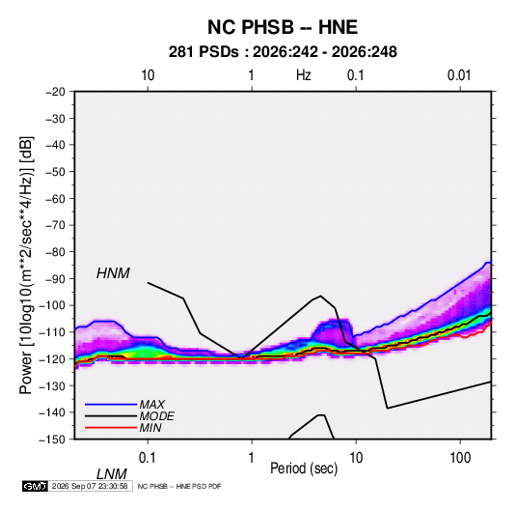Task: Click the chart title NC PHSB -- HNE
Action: [x=283, y=27]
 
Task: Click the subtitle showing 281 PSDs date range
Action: [x=283, y=52]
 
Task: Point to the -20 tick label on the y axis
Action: [x=55, y=92]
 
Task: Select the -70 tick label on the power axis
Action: [x=55, y=225]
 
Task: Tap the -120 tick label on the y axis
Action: [x=52, y=359]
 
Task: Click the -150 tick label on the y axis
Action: [x=52, y=440]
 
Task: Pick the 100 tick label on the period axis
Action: [x=460, y=458]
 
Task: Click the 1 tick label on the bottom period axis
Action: [x=252, y=458]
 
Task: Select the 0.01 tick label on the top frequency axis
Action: [x=459, y=75]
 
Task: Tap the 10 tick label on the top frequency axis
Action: [x=148, y=75]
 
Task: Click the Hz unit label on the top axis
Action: [x=303, y=75]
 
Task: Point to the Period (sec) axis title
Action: [x=304, y=468]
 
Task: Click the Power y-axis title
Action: [x=26, y=265]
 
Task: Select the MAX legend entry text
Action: [x=152, y=405]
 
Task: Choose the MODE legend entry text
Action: [x=156, y=416]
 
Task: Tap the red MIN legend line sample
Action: [x=111, y=428]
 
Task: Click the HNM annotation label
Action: [x=113, y=273]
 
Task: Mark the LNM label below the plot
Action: [x=111, y=474]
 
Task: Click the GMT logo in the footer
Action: [x=35, y=486]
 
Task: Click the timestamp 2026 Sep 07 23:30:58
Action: [x=90, y=486]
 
